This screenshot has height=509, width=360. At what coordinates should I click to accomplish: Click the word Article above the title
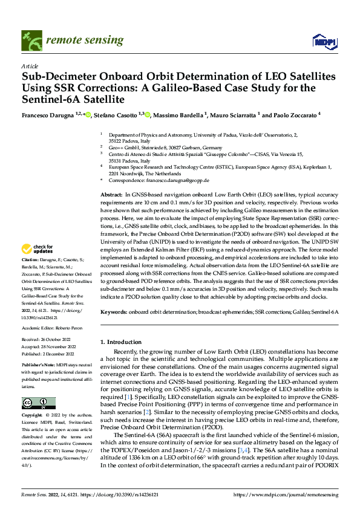[30, 66]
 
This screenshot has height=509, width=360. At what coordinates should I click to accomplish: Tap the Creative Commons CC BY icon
[38, 403]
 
